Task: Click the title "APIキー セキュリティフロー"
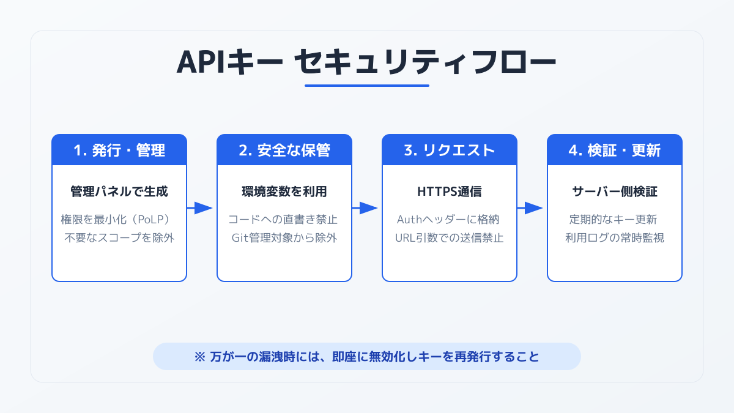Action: coord(366,62)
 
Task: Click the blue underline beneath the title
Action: coord(366,85)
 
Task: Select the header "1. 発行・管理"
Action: coord(119,151)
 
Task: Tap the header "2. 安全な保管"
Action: coord(284,151)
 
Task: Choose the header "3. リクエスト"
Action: coord(450,151)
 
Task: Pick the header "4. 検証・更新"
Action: coord(615,151)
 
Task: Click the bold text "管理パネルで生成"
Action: coord(119,192)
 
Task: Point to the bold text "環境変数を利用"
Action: coord(284,192)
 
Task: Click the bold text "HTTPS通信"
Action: coord(450,192)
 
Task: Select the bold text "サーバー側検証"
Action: coord(615,192)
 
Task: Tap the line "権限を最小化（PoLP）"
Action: coord(119,220)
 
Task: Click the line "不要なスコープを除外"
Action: coord(119,238)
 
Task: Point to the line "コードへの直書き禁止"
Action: coord(284,220)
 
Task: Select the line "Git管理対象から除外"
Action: coord(284,238)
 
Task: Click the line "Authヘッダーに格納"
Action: coord(450,220)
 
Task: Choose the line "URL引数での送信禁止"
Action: coord(450,238)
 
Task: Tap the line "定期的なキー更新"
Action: coord(615,220)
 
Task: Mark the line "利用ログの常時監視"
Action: coord(615,238)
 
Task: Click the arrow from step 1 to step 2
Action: coord(200,208)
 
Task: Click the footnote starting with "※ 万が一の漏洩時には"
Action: coord(366,356)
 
